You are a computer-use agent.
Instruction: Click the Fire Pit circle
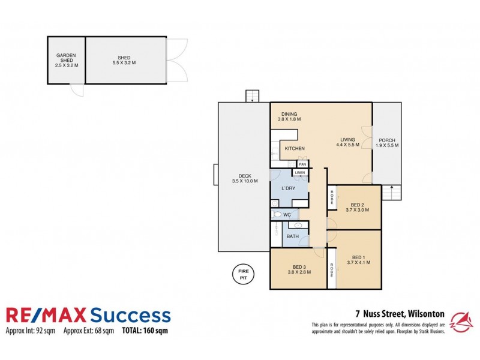click(x=244, y=275)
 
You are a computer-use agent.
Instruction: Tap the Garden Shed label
click(x=67, y=61)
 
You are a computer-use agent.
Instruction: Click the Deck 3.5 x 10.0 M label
click(x=244, y=178)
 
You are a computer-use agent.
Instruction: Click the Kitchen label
click(x=295, y=148)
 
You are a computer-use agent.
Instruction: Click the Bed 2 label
click(x=358, y=207)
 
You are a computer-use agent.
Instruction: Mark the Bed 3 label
click(x=299, y=269)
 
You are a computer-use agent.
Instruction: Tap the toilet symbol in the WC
click(x=277, y=214)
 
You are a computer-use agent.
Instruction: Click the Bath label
click(x=292, y=236)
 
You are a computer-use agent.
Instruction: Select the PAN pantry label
click(x=302, y=164)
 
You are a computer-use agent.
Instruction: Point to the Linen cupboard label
click(x=300, y=173)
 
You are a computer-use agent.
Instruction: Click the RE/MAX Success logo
click(x=88, y=316)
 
